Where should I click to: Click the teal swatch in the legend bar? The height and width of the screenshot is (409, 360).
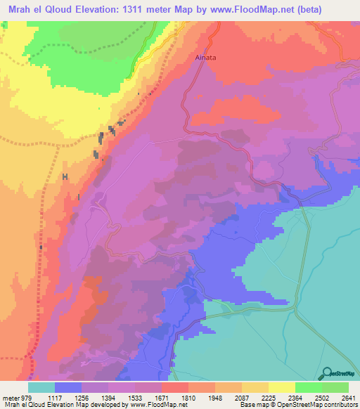[41, 387]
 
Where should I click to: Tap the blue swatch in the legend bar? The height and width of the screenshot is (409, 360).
[68, 387]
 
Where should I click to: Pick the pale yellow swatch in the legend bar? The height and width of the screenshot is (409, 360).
[282, 387]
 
